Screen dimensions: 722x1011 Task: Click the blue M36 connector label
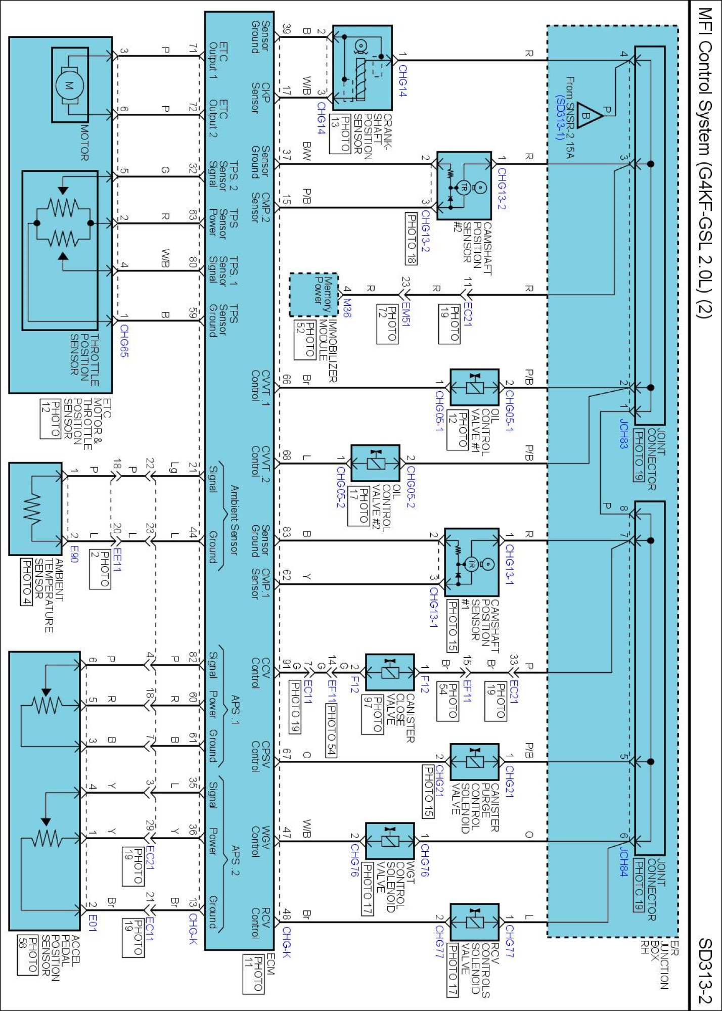[347, 307]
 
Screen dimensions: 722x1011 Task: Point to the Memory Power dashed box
[313, 295]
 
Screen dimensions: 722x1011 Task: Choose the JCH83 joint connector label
[624, 433]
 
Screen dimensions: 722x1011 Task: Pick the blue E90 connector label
[74, 554]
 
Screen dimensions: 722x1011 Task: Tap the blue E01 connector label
[93, 923]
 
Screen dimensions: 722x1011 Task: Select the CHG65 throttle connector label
[124, 341]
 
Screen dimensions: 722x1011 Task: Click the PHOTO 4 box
[26, 581]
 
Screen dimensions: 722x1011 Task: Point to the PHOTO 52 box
[305, 339]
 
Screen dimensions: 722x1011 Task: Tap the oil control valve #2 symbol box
[376, 463]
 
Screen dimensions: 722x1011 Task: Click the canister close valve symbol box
[390, 672]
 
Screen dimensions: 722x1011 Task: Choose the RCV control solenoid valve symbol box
[474, 922]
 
